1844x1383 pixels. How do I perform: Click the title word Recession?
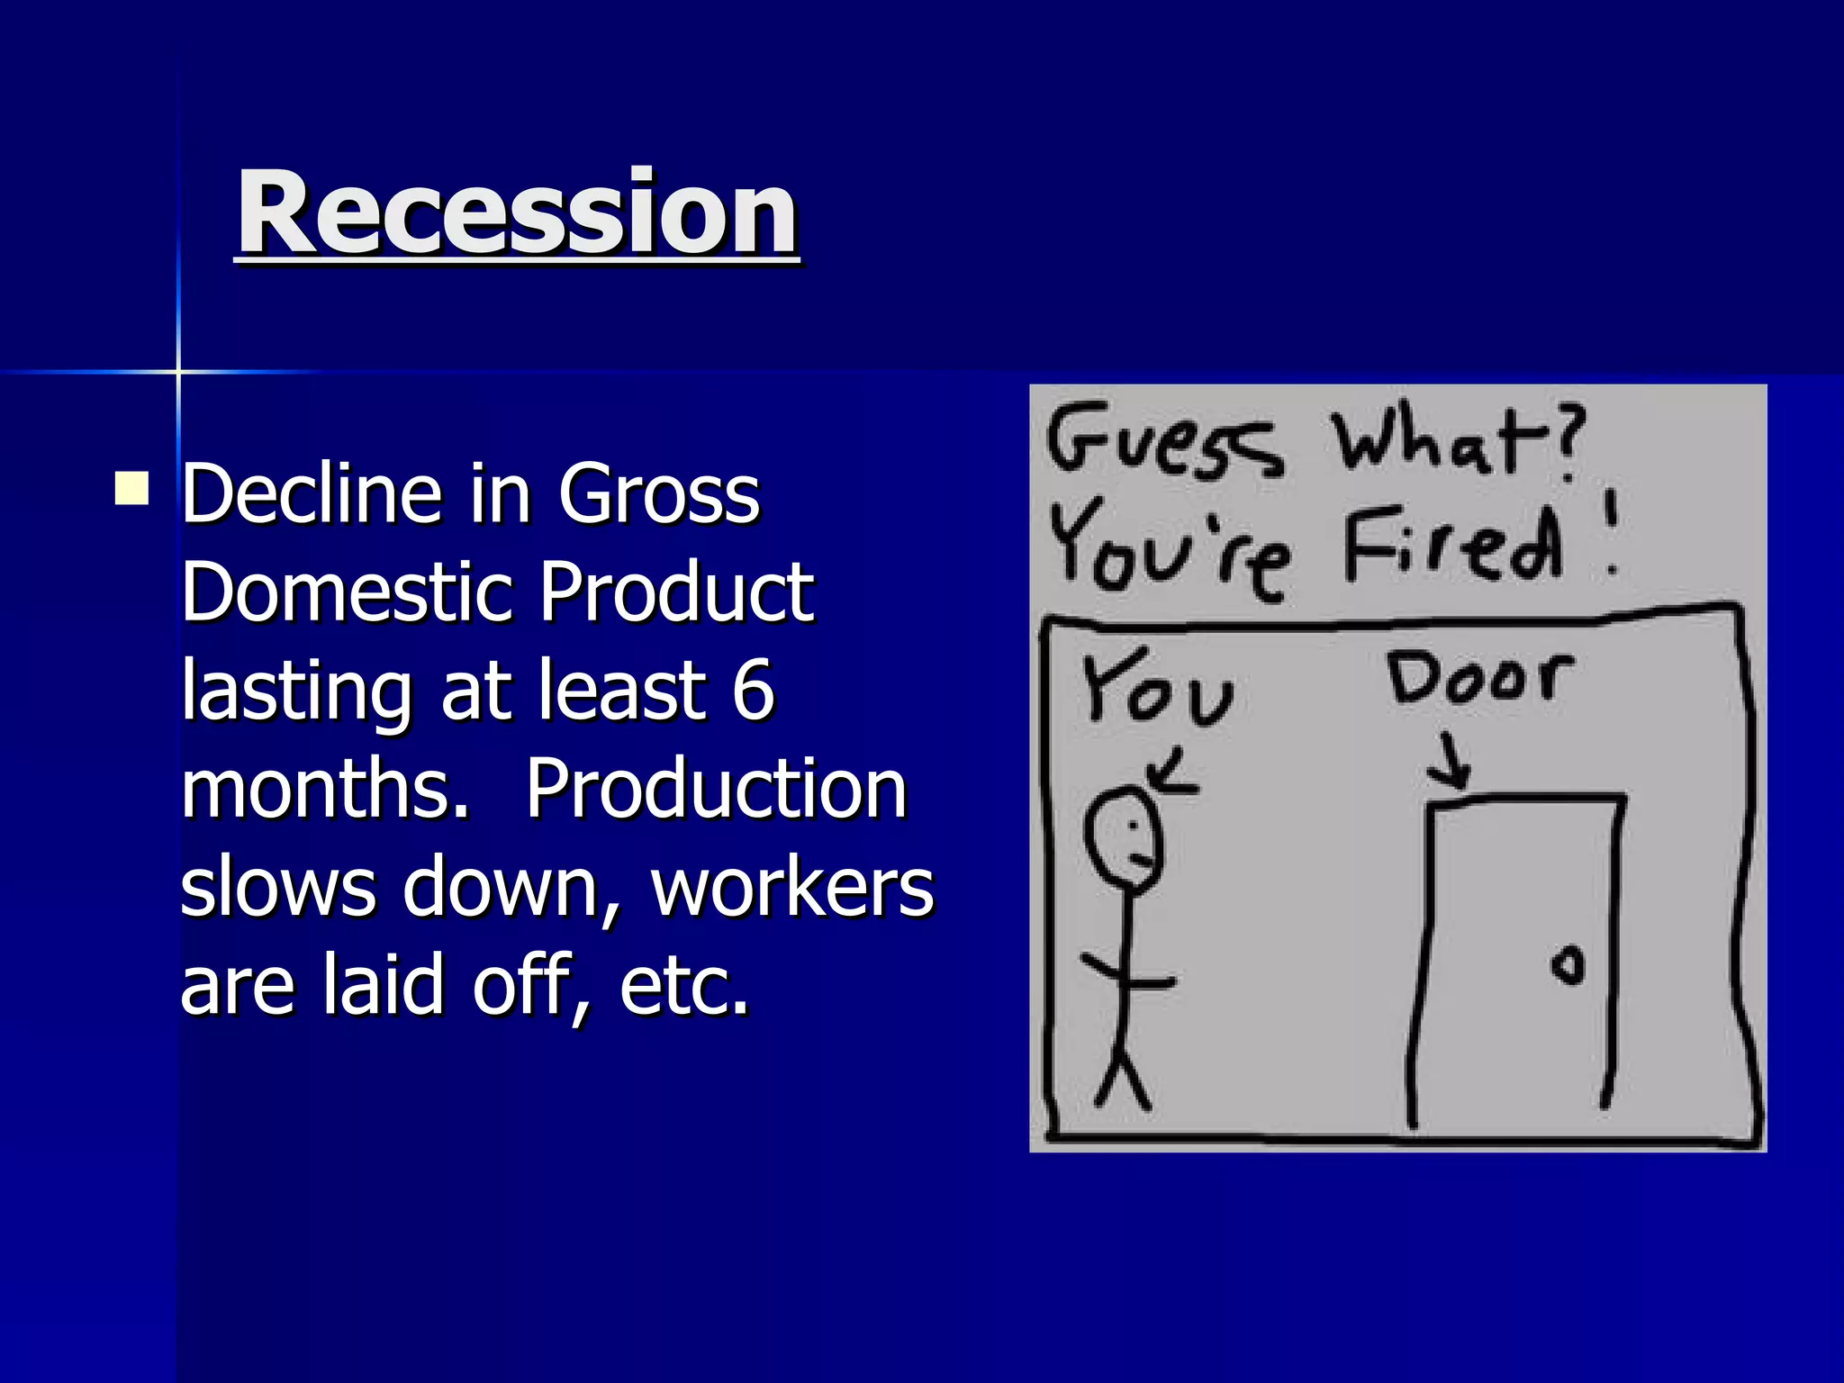pyautogui.click(x=517, y=213)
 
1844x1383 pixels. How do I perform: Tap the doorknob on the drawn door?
pyautogui.click(x=1568, y=966)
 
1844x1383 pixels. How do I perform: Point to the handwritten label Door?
pyautogui.click(x=1479, y=677)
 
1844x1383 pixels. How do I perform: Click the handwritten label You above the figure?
pyautogui.click(x=1157, y=689)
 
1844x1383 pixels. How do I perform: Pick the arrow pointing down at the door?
pyautogui.click(x=1451, y=762)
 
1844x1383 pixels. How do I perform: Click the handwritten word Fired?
pyautogui.click(x=1452, y=545)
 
